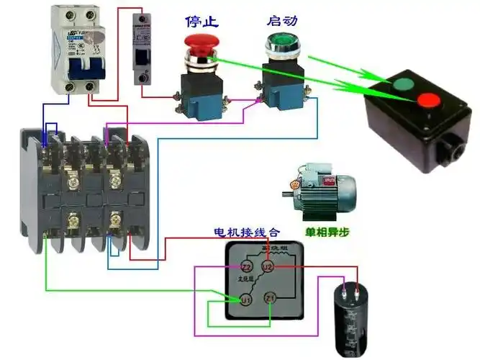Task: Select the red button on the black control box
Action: tap(431, 101)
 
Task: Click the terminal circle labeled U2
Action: tap(268, 267)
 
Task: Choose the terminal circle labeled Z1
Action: tap(270, 298)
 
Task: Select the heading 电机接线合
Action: tap(248, 233)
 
